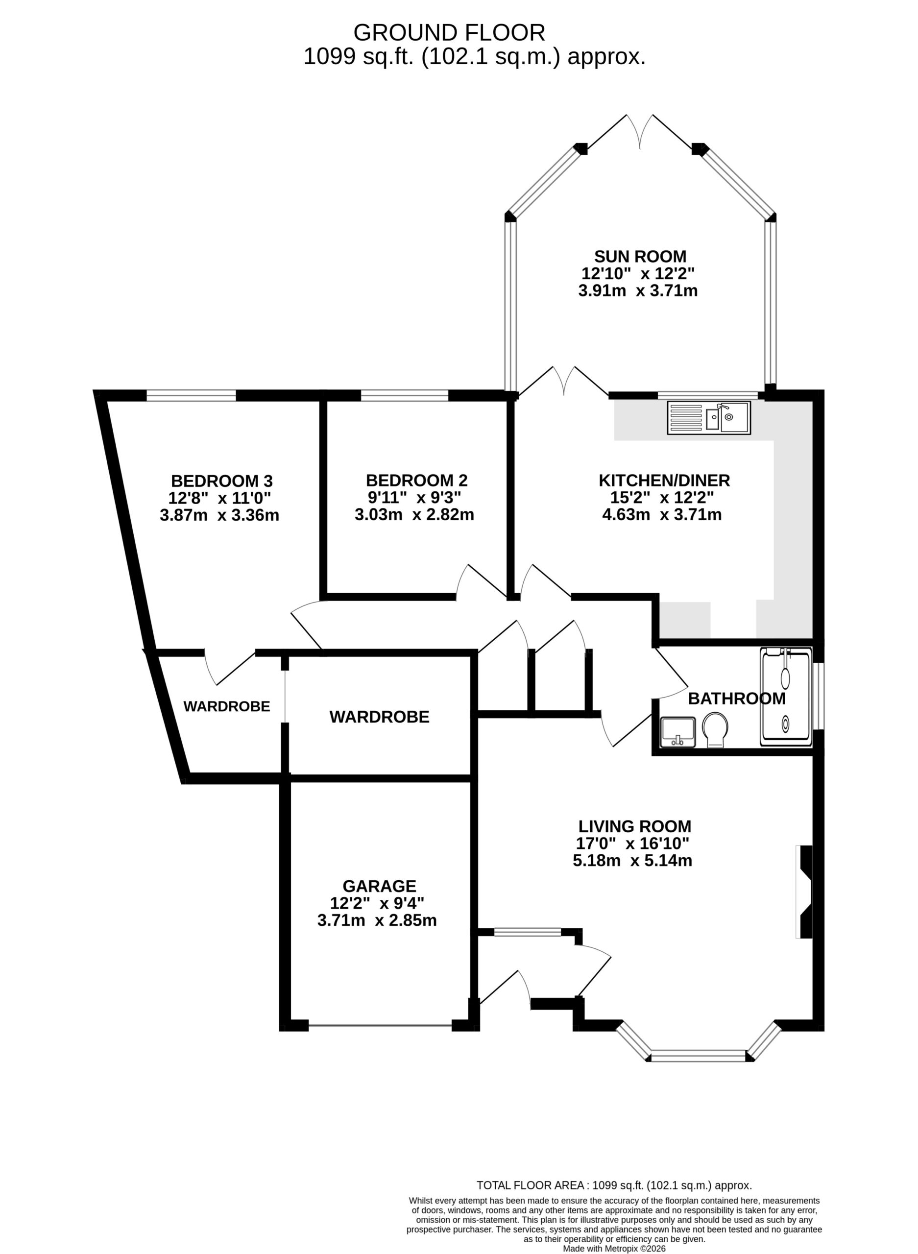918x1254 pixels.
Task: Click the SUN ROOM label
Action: [x=640, y=257]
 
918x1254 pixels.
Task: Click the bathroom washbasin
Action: [x=678, y=732]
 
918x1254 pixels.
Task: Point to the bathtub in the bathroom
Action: [x=785, y=697]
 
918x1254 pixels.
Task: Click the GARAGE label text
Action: [x=379, y=886]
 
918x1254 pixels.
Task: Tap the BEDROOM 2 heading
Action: [x=416, y=480]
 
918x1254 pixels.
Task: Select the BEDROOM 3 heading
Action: [x=222, y=481]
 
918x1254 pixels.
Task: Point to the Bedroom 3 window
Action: [x=191, y=396]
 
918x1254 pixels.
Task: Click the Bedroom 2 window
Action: [x=405, y=396]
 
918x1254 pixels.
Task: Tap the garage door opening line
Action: [x=380, y=1026]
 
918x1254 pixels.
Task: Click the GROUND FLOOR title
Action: [x=449, y=33]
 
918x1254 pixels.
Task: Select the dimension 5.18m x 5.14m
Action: [x=632, y=861]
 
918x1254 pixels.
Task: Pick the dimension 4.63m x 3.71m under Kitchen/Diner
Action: [x=662, y=514]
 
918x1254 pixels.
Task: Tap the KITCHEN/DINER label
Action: [x=664, y=480]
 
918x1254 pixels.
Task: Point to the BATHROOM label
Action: [x=737, y=699]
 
